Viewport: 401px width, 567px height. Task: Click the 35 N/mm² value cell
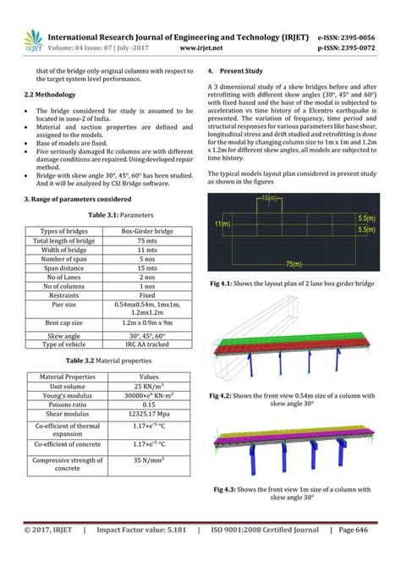pyautogui.click(x=149, y=461)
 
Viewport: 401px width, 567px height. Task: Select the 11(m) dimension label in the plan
pyautogui.click(x=222, y=224)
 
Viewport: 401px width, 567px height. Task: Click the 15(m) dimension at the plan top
pyautogui.click(x=269, y=198)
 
